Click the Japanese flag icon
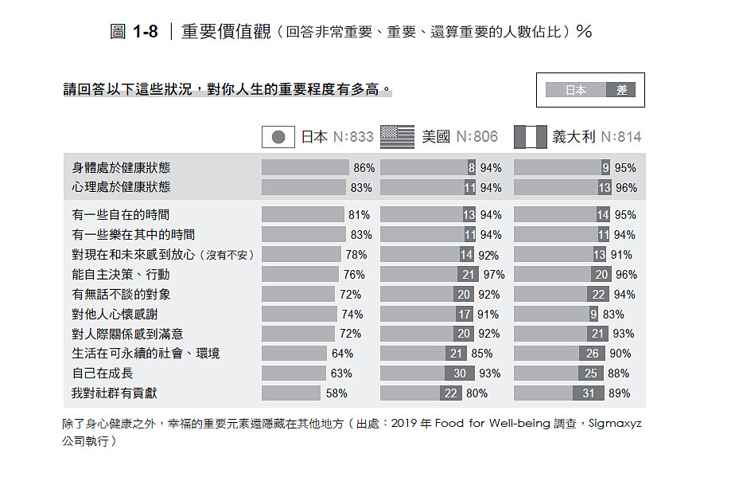[x=278, y=137]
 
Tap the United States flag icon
[x=398, y=137]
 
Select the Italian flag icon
[x=531, y=137]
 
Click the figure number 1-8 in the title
[x=145, y=32]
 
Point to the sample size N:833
[x=352, y=137]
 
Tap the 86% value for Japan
[x=364, y=168]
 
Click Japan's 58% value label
[x=336, y=393]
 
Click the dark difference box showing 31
[x=589, y=393]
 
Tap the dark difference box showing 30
[x=461, y=374]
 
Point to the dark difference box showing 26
[x=592, y=354]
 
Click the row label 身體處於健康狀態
[x=121, y=168]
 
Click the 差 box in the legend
[x=621, y=90]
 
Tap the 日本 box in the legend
[x=576, y=90]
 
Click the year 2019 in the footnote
[x=406, y=424]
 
